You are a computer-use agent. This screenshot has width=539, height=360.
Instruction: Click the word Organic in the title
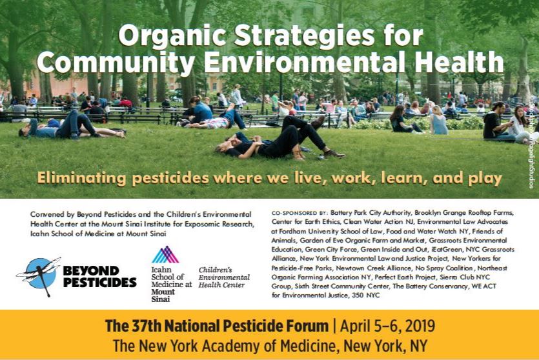pos(172,35)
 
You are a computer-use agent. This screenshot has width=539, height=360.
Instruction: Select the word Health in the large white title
pos(459,62)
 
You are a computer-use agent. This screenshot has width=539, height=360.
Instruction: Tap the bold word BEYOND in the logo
pos(91,271)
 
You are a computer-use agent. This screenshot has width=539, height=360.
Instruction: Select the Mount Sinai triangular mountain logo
pos(165,255)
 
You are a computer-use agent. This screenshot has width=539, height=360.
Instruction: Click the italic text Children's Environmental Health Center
pos(224,277)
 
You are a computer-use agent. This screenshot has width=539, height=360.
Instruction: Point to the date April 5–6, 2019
pos(387,326)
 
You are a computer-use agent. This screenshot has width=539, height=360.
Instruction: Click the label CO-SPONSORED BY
pos(300,213)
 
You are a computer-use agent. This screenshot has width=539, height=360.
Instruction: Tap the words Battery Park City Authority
pos(371,213)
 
